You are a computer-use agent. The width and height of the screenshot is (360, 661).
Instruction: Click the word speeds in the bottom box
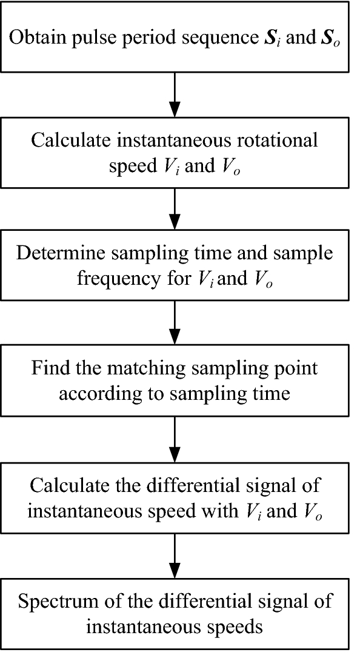coord(238,626)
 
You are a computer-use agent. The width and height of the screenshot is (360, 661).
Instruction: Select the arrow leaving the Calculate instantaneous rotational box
coord(175,209)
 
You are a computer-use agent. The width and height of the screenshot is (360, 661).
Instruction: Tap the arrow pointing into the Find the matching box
coord(175,325)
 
